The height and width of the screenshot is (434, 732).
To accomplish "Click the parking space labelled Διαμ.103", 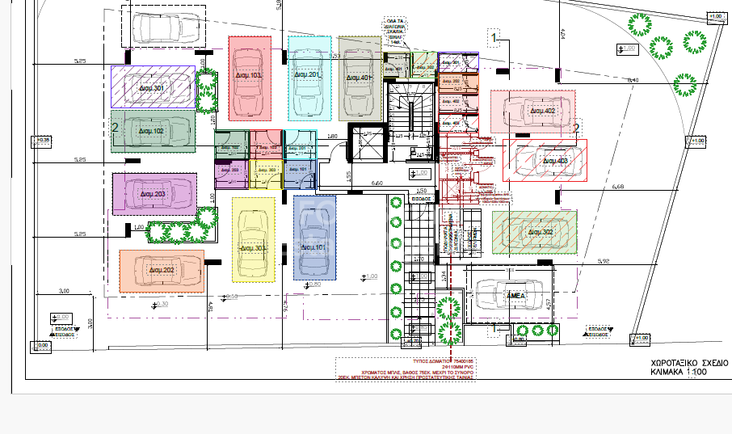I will (249, 77).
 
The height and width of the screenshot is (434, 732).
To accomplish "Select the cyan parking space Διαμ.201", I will (310, 77).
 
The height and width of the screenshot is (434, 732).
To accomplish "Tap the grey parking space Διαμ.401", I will (358, 78).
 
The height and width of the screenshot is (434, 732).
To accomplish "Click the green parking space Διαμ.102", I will (153, 131).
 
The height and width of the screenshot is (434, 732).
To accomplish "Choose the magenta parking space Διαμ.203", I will (154, 194).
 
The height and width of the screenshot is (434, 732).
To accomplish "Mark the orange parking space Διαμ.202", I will (162, 271).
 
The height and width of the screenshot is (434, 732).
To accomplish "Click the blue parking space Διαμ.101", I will (313, 237).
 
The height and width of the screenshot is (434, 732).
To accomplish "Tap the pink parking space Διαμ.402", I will (532, 112).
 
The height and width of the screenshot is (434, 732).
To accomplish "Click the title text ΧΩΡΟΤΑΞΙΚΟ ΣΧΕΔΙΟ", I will (689, 363).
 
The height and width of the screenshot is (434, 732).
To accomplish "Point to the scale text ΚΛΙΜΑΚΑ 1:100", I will (684, 373).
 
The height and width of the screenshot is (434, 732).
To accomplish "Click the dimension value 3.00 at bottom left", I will (64, 291).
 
